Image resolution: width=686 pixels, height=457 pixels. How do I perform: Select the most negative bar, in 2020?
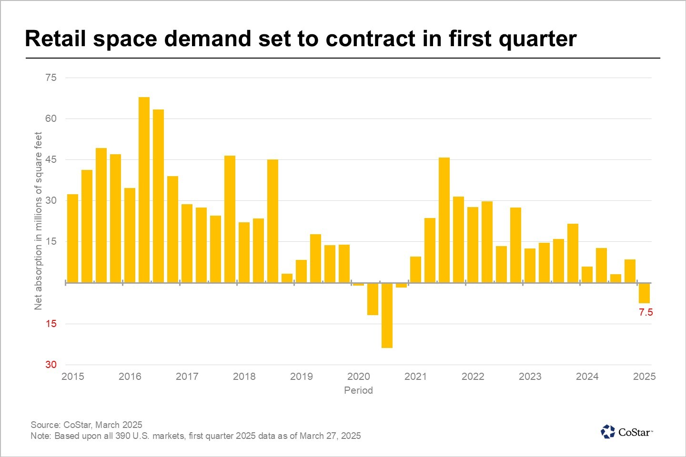[387, 315]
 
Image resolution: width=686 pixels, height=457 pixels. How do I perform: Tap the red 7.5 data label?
[646, 313]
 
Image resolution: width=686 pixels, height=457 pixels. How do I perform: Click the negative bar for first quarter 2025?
[644, 293]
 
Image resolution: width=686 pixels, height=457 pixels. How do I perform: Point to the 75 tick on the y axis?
[51, 78]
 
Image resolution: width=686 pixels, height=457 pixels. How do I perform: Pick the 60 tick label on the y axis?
[51, 119]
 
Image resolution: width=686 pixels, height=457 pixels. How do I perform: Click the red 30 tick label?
[51, 365]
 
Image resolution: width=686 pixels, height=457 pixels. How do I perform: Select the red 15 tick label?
[51, 324]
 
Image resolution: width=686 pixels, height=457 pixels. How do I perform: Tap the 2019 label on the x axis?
[301, 377]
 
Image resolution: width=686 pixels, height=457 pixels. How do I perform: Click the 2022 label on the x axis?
[473, 377]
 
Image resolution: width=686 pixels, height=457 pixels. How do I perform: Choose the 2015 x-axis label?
[72, 377]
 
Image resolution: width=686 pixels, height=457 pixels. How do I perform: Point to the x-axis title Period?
[358, 390]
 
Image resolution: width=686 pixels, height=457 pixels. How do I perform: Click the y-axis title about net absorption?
[39, 221]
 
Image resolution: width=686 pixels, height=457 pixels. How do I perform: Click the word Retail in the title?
[55, 39]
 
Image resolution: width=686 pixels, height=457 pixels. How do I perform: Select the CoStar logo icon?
[608, 432]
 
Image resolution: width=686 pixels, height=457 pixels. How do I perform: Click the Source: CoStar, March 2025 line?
[86, 425]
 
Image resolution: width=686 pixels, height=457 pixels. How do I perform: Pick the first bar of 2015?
[72, 238]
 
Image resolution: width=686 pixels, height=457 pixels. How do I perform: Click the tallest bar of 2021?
[444, 220]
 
